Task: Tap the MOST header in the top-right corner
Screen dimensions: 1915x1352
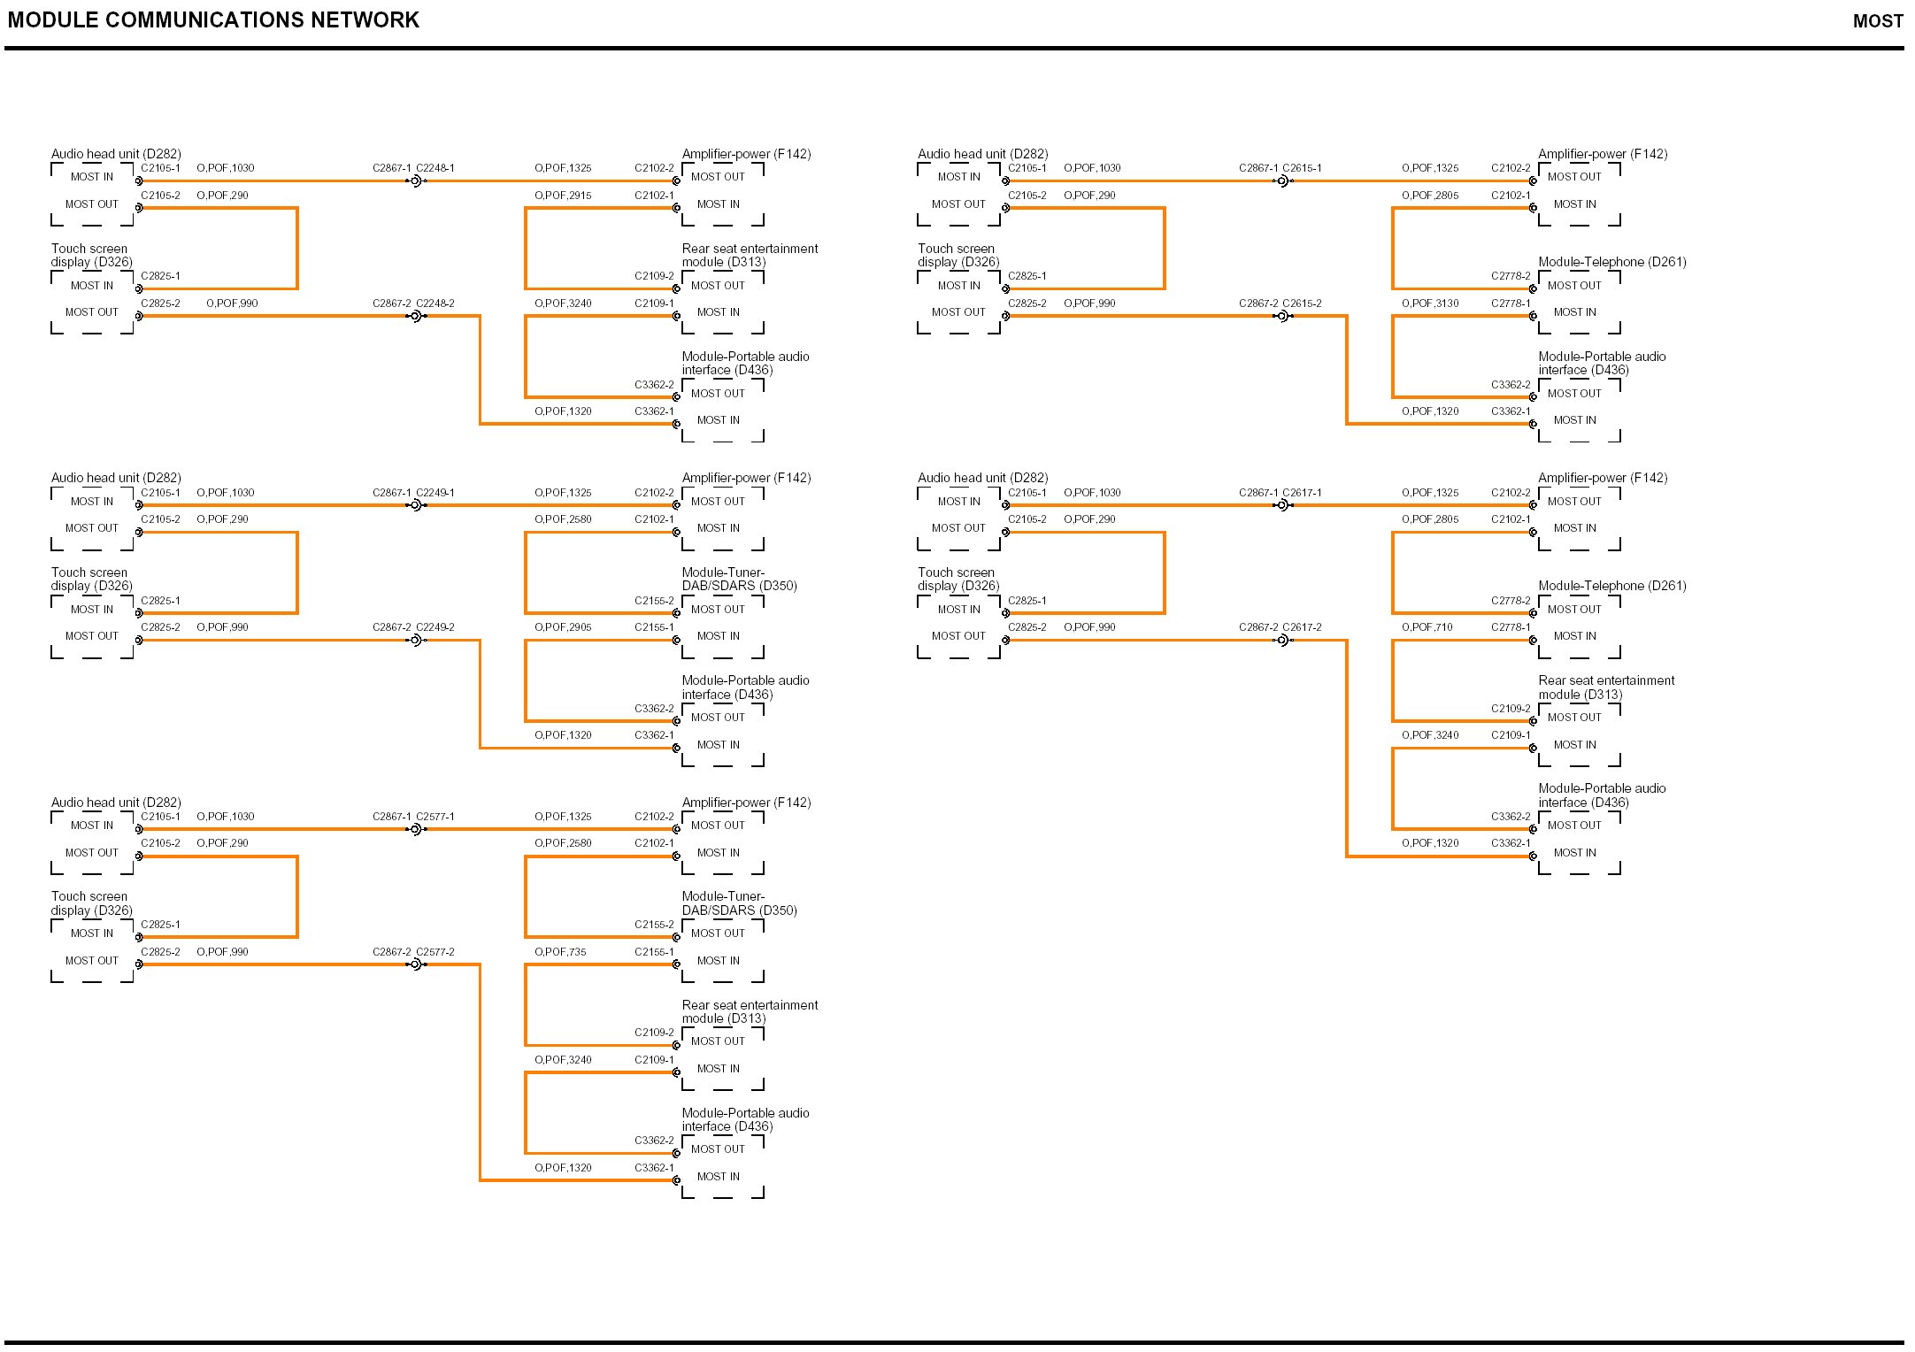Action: coord(1878,21)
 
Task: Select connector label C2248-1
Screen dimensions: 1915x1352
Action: coord(435,168)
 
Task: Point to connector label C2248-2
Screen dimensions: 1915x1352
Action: coord(435,303)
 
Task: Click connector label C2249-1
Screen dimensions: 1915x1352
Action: coord(435,493)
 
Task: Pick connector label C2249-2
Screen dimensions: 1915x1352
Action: coord(435,627)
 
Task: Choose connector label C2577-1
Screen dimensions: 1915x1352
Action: coord(435,817)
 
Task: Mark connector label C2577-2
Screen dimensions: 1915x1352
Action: coord(435,952)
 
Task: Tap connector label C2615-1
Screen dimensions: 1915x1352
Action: coord(1302,168)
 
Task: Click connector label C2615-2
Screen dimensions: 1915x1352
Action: coord(1302,303)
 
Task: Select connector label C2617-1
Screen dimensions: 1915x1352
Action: coord(1302,493)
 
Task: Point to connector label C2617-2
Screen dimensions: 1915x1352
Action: coord(1302,627)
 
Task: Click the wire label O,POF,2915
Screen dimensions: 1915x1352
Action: coord(563,196)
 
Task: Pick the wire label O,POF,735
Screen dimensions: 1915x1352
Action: coord(560,952)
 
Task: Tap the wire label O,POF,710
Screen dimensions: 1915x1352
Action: coord(1427,627)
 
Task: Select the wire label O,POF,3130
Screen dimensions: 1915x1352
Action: coord(1430,303)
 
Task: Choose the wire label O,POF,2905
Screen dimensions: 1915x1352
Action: coord(563,627)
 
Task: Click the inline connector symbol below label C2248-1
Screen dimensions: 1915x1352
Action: coord(417,181)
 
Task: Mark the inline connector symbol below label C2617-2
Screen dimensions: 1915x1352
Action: coord(1283,641)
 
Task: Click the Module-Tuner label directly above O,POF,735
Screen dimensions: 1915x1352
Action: coord(739,903)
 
